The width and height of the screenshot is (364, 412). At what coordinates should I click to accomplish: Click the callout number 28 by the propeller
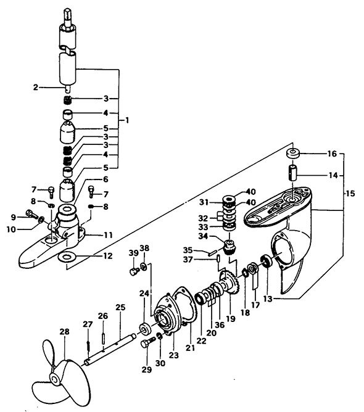(x=64, y=332)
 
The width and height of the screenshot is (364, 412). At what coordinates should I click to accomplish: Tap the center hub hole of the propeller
(x=56, y=379)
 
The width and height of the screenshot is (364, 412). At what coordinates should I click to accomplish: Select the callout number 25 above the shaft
(x=120, y=307)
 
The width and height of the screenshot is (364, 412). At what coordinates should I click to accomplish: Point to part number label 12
(x=108, y=256)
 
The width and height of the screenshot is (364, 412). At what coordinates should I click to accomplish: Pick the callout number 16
(x=332, y=154)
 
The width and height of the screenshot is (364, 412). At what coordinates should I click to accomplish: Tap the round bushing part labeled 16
(x=293, y=154)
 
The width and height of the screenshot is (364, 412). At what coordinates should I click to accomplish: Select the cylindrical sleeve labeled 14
(x=293, y=172)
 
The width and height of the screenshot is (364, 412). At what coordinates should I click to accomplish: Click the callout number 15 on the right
(x=350, y=194)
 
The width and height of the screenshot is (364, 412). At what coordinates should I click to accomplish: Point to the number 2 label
(x=36, y=87)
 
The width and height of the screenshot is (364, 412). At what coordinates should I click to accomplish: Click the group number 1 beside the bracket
(x=127, y=121)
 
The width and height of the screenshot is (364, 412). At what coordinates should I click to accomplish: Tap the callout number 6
(x=105, y=179)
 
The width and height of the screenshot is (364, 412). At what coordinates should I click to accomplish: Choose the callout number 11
(x=108, y=234)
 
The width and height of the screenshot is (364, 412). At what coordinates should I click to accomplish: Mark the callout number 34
(x=204, y=236)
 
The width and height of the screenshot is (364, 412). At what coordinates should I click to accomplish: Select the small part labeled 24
(x=145, y=329)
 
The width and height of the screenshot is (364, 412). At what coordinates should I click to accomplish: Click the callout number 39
(x=133, y=253)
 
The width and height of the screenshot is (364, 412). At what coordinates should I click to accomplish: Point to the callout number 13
(x=268, y=299)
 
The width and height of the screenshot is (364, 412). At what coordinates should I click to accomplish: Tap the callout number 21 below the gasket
(x=190, y=348)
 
